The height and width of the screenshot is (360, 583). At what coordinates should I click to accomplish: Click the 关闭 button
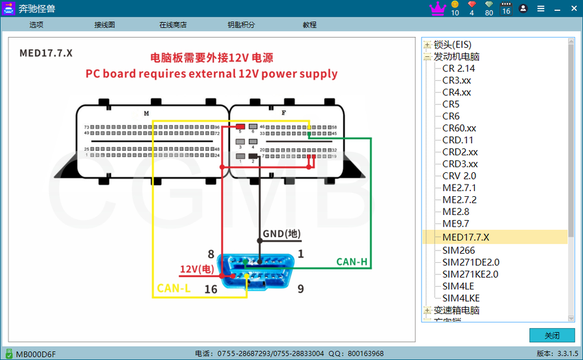click(552, 335)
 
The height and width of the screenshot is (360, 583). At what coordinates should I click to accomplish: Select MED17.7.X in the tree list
click(466, 238)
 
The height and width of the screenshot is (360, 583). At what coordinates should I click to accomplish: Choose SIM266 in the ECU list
click(459, 250)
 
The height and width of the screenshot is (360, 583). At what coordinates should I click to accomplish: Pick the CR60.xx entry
click(459, 128)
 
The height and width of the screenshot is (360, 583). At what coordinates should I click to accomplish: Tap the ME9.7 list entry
click(456, 224)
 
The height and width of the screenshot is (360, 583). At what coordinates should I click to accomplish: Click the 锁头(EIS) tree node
click(453, 44)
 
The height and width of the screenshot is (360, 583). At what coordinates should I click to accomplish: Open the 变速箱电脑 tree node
click(457, 310)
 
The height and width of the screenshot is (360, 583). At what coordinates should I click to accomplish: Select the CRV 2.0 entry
click(459, 176)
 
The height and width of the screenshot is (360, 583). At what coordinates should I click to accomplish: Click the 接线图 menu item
click(104, 25)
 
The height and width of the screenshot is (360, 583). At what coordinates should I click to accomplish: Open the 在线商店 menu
click(173, 25)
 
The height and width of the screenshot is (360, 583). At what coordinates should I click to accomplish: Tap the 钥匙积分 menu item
click(241, 25)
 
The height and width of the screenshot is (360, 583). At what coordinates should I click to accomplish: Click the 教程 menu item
click(310, 25)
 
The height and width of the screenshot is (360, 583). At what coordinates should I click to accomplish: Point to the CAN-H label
click(352, 262)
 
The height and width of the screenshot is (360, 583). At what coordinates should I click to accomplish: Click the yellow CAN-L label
click(174, 289)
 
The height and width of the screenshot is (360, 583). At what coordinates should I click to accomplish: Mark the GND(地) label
click(282, 234)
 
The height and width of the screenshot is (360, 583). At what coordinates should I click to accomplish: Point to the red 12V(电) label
click(197, 269)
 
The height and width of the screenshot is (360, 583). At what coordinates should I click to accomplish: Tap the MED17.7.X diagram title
click(46, 53)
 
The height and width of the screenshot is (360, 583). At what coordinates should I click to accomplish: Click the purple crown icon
click(438, 8)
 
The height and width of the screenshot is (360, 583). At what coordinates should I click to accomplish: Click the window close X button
click(573, 8)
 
